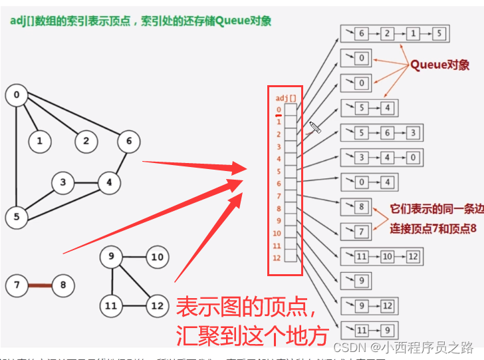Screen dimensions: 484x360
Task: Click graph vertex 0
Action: coord(16,95)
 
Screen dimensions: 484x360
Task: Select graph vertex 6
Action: coord(128,140)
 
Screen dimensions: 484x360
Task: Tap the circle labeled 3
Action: coord(63,182)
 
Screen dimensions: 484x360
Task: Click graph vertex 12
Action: coord(157,305)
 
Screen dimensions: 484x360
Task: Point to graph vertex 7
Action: coord(16,286)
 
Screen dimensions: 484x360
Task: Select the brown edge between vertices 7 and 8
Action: coord(39,286)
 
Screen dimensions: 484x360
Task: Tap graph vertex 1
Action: coord(40,140)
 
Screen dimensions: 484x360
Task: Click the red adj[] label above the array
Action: coord(285,98)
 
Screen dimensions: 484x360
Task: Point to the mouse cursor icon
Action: coord(314,126)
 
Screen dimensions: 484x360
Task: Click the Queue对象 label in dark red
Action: coord(439,65)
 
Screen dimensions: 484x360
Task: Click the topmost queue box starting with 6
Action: coord(394,33)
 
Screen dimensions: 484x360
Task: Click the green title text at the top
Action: coord(140,21)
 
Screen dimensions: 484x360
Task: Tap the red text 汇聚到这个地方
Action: coord(252,335)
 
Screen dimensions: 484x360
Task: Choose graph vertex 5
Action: coord(16,216)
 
